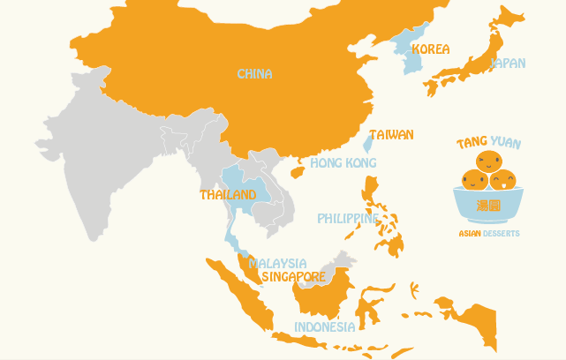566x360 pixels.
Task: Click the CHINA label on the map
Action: (254, 74)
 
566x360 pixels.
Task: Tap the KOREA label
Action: (430, 49)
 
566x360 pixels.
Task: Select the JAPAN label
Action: (508, 64)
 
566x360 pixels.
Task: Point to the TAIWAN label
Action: (391, 135)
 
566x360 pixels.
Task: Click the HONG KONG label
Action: (343, 163)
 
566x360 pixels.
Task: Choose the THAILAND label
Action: (228, 194)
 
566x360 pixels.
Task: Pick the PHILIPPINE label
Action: (349, 218)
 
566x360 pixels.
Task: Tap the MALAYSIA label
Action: (277, 263)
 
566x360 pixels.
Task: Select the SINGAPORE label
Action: (293, 276)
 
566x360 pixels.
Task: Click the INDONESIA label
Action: (324, 326)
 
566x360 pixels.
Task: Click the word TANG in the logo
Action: (472, 143)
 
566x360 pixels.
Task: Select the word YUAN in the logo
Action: (505, 142)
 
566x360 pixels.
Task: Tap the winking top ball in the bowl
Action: (487, 161)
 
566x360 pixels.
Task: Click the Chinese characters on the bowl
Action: (488, 206)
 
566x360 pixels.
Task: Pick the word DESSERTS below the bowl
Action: (502, 234)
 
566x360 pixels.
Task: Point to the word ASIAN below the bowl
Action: (470, 234)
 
